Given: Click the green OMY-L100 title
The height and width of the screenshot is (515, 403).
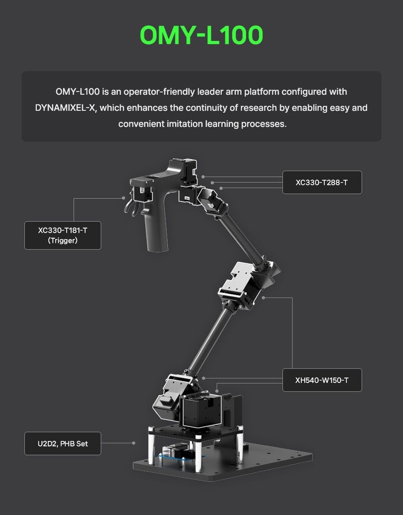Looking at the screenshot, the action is [x=201, y=35].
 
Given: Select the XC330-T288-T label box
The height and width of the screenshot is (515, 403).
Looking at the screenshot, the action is [x=322, y=182].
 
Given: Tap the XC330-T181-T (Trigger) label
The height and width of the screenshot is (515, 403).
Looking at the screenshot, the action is [x=62, y=235].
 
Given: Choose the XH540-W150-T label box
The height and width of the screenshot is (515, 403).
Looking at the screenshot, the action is [x=322, y=380].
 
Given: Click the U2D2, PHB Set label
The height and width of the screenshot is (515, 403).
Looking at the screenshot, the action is [x=62, y=444].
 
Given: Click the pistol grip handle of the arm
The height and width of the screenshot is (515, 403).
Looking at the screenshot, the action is [x=157, y=227].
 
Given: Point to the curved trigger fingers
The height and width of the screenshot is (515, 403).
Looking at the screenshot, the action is [x=131, y=208].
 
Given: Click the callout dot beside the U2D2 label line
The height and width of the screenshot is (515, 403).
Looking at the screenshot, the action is [x=133, y=443].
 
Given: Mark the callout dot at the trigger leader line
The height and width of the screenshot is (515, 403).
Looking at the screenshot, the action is [x=123, y=198].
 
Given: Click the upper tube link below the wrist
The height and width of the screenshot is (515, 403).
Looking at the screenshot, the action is [x=242, y=237].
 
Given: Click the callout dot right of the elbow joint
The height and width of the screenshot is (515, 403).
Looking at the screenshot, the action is [x=263, y=298].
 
